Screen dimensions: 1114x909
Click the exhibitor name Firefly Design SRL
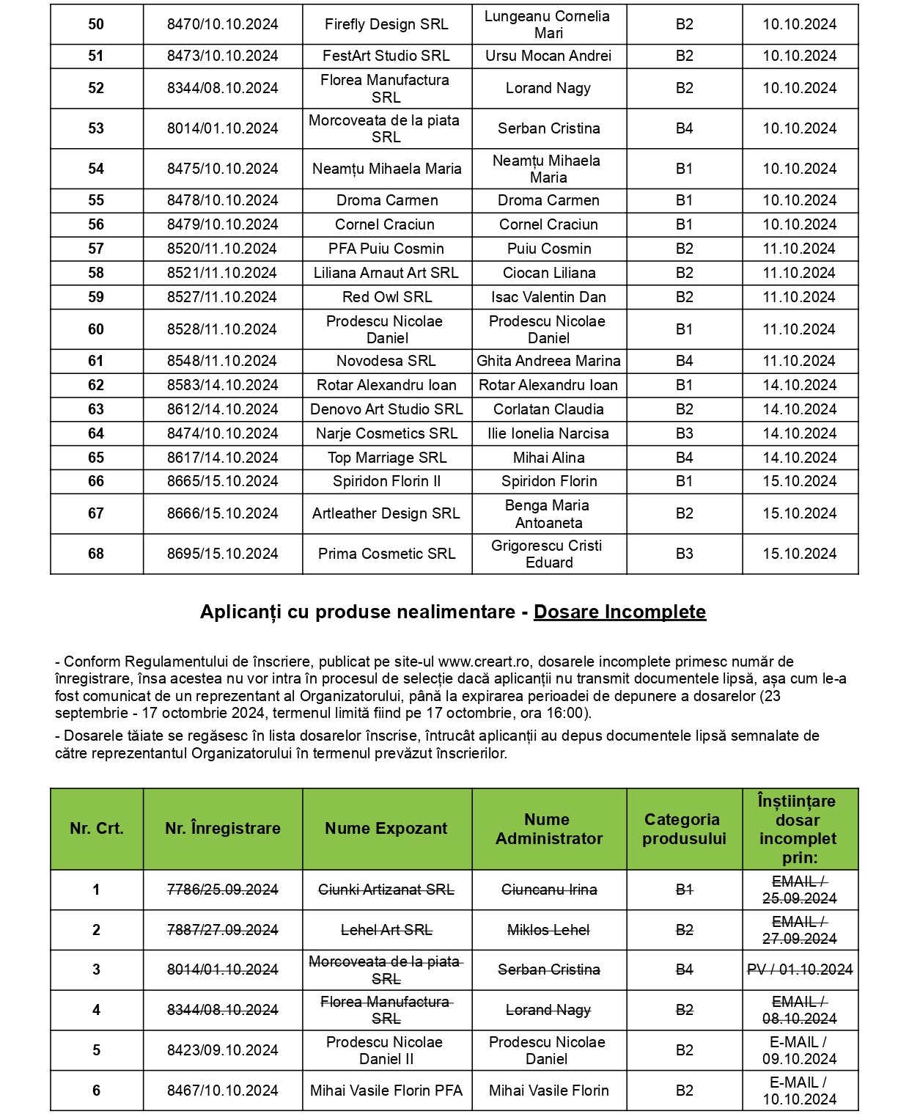click(386, 24)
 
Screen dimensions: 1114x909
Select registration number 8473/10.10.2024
click(222, 56)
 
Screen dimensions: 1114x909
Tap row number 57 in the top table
click(96, 249)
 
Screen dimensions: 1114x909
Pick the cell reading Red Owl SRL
click(386, 297)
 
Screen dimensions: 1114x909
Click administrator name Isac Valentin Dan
click(548, 297)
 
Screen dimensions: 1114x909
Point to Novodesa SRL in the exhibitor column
click(386, 361)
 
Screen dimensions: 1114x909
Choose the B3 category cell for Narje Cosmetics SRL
click(684, 433)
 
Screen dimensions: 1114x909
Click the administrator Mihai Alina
click(548, 458)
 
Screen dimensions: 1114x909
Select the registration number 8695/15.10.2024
click(222, 554)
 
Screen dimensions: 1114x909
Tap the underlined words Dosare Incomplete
click(619, 612)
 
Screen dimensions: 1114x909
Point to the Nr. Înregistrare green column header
click(222, 829)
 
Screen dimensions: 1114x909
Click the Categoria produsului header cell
click(684, 829)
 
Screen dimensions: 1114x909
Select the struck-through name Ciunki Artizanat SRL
click(386, 890)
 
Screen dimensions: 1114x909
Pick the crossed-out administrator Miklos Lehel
click(548, 930)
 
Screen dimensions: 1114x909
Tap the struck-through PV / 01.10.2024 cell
click(800, 970)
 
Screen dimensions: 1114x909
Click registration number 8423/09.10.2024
click(222, 1050)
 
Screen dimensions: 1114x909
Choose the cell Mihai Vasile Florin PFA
click(386, 1091)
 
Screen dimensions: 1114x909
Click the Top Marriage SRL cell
click(386, 458)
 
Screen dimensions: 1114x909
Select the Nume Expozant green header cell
click(386, 829)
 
